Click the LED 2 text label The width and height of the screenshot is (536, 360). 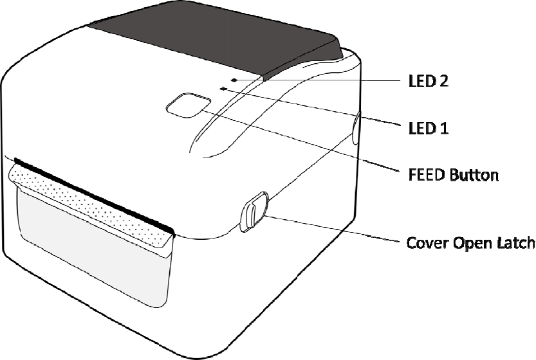click(x=429, y=82)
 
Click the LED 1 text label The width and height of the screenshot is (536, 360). click(x=428, y=128)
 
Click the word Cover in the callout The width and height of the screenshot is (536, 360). click(x=424, y=244)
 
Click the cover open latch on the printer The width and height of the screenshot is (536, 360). click(x=252, y=211)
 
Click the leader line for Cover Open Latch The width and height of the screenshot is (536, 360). click(x=335, y=230)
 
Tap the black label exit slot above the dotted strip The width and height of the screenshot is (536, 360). click(x=90, y=190)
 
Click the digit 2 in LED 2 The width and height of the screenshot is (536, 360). click(x=443, y=82)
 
